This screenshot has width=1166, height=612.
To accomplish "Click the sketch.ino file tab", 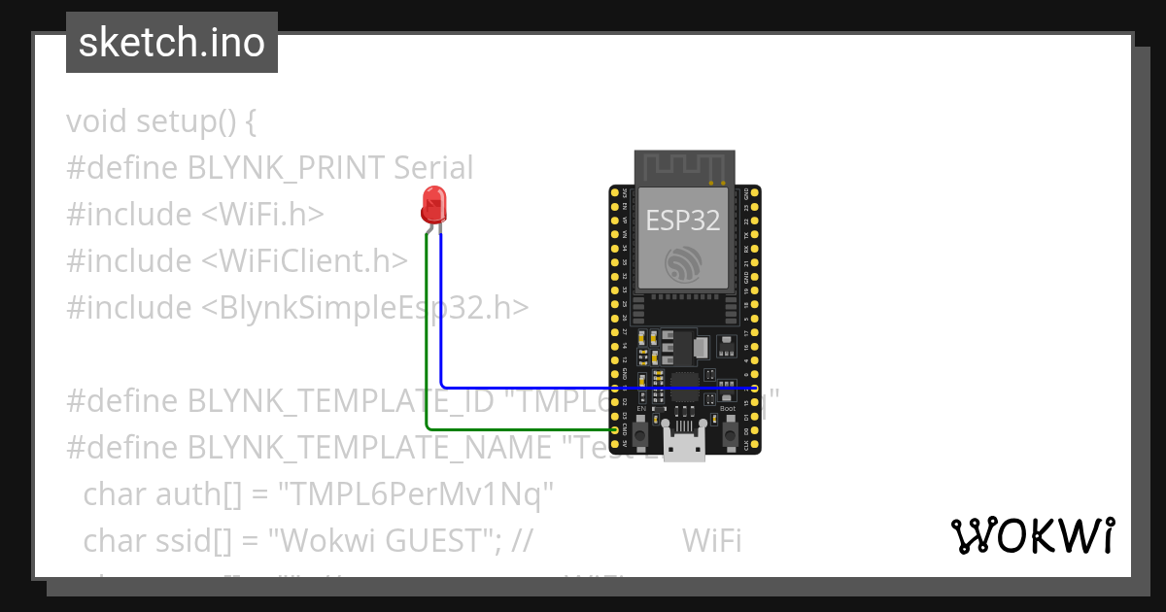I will tap(172, 44).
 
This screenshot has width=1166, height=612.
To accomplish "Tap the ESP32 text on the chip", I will tap(683, 221).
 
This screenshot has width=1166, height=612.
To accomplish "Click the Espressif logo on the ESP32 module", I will tap(683, 263).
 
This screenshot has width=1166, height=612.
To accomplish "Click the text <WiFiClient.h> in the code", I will tap(305, 261).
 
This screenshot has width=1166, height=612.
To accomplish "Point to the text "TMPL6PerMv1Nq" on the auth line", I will tap(416, 494).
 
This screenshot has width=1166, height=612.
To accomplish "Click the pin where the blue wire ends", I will tap(754, 388).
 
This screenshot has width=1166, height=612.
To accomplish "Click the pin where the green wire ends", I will tap(614, 428).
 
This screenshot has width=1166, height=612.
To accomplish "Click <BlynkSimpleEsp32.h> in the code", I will tap(365, 308).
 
